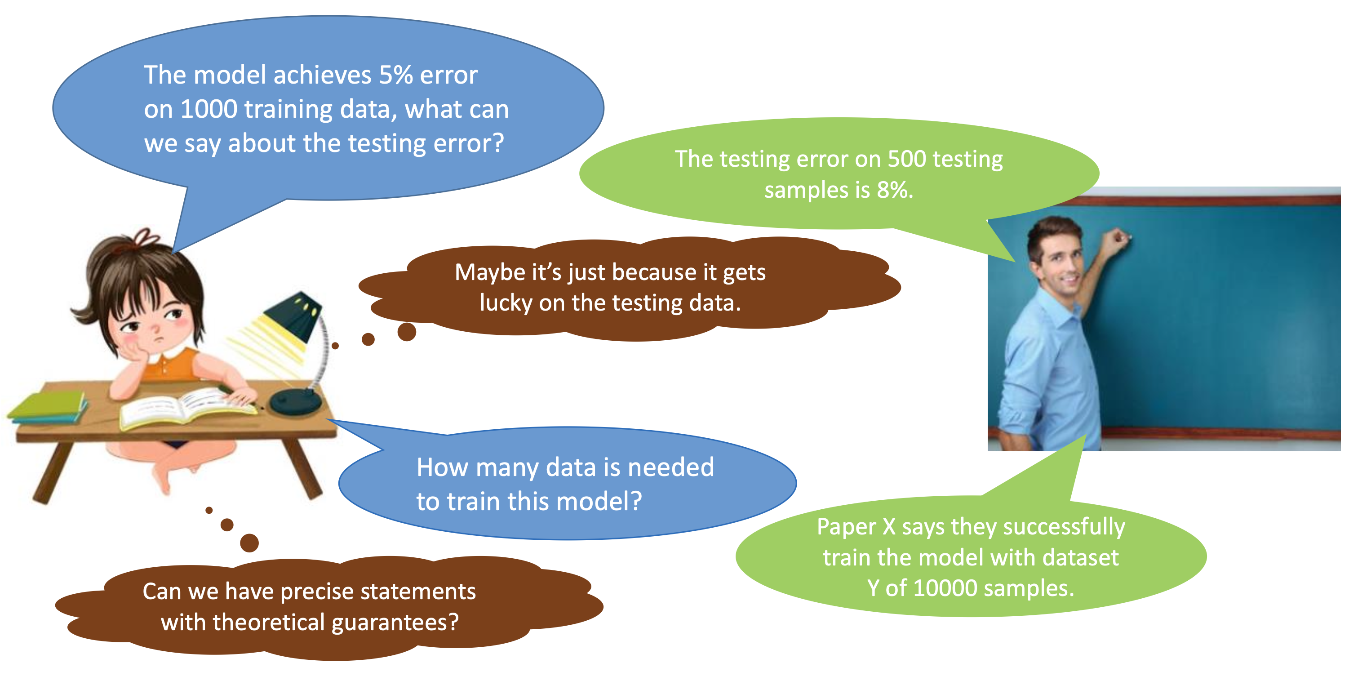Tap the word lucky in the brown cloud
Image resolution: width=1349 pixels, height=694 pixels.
click(506, 303)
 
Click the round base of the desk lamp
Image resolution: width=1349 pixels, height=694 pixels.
click(295, 402)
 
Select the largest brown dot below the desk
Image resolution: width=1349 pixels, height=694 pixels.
click(249, 543)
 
